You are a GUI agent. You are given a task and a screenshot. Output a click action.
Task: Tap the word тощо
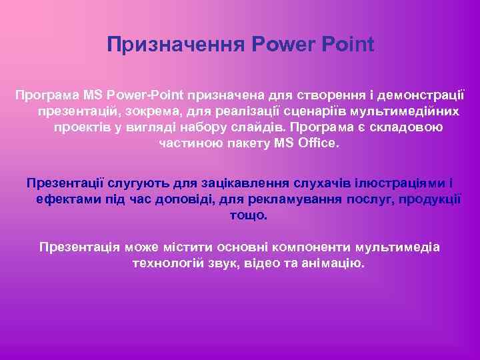click(x=248, y=215)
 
